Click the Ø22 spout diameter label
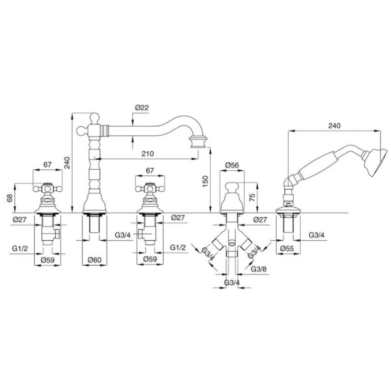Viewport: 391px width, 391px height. point(142,108)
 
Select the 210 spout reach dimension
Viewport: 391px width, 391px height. point(148,153)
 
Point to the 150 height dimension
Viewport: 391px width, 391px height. point(205,182)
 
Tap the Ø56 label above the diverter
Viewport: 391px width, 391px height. point(232,165)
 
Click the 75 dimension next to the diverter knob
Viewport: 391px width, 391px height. point(252,197)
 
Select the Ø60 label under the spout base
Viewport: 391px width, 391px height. point(95,260)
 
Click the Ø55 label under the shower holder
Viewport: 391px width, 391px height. point(287,249)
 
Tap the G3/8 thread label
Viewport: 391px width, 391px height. point(258,269)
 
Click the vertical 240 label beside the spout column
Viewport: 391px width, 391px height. point(67,163)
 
